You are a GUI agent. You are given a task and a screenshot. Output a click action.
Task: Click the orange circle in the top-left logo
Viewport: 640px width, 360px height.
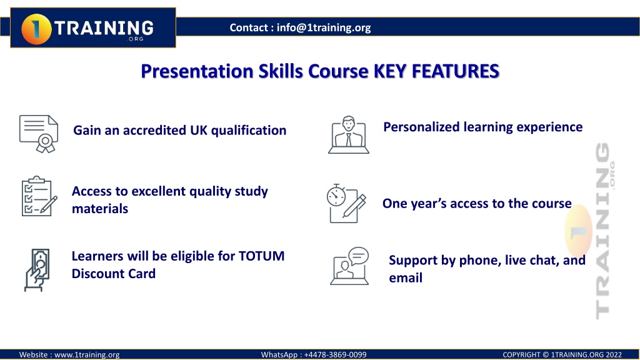point(36,29)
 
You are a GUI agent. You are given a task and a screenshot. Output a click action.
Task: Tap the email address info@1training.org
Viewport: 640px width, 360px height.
point(324,27)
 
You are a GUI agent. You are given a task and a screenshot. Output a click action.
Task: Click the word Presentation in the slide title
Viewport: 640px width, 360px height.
point(197,71)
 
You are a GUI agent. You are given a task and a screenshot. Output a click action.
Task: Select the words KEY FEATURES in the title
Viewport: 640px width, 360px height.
point(436,71)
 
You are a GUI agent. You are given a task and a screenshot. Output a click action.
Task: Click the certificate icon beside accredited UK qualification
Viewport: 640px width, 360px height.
point(39,134)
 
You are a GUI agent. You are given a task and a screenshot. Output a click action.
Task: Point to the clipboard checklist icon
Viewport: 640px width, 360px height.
point(39,196)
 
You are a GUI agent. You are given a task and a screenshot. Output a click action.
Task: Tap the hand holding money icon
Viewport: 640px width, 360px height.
point(37,270)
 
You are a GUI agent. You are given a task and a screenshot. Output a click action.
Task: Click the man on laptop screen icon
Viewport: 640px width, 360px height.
point(349,135)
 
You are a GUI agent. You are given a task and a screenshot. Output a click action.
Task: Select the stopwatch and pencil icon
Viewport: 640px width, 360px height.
point(346,203)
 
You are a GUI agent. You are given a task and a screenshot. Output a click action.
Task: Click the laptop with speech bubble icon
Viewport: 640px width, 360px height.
point(349,266)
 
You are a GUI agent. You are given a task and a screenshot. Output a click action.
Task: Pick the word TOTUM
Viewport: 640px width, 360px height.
point(262,256)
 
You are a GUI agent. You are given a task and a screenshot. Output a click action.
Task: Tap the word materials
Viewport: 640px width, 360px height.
point(100,209)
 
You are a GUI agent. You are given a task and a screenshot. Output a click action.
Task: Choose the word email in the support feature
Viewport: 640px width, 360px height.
point(406,278)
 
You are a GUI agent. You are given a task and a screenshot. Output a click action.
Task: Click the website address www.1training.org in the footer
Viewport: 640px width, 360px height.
point(87,355)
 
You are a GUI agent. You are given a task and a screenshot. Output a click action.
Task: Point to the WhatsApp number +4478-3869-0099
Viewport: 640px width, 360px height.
point(335,355)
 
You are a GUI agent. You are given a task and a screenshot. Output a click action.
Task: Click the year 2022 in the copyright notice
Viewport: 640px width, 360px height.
point(614,355)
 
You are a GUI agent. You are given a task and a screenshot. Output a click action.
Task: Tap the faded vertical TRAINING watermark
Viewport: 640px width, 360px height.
point(603,231)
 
